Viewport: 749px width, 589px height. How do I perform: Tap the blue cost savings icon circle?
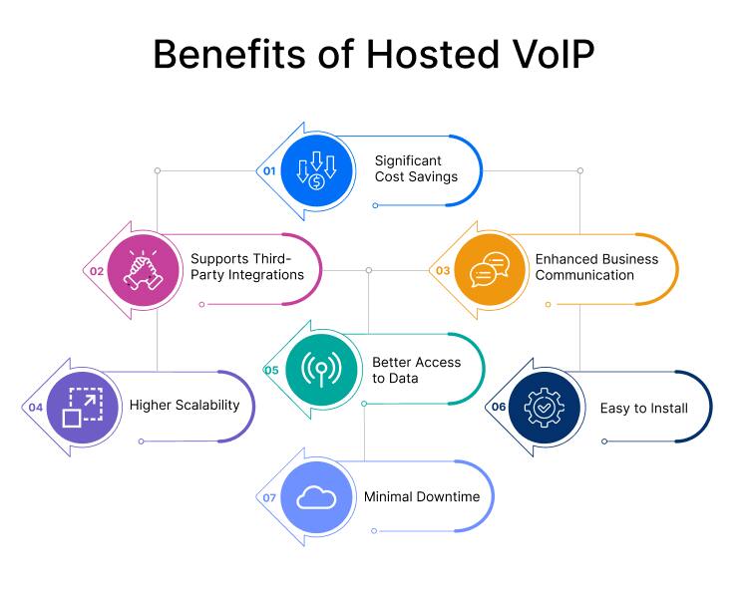click(316, 171)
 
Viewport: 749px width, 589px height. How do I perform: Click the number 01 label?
click(268, 171)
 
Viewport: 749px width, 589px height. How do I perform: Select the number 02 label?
click(97, 270)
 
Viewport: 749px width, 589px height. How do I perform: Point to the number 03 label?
click(442, 270)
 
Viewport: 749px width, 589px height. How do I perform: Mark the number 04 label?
click(35, 407)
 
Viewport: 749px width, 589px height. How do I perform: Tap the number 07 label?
click(268, 497)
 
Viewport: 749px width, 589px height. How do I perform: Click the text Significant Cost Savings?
click(416, 168)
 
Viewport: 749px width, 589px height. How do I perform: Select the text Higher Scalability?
click(185, 405)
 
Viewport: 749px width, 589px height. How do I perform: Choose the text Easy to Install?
click(643, 408)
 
